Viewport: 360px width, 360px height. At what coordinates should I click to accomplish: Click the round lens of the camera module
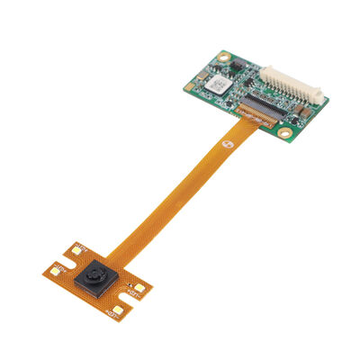coord(94,276)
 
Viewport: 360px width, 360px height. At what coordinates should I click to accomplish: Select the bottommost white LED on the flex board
coord(114,311)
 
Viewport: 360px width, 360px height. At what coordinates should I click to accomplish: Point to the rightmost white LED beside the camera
coord(139,286)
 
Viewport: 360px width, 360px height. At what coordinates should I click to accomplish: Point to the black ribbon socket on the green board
coord(252,113)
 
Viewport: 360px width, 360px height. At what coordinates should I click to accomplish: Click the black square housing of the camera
coord(93,278)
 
